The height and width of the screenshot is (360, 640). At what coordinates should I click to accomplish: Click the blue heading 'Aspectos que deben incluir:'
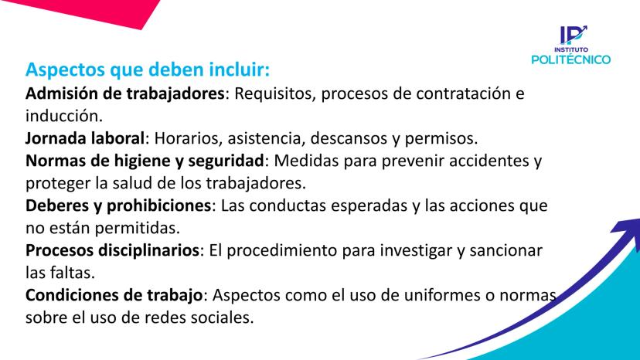[148, 70]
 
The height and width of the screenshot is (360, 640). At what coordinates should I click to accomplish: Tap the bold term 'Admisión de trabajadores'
[125, 93]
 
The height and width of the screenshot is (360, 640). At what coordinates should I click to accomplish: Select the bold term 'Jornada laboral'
[85, 138]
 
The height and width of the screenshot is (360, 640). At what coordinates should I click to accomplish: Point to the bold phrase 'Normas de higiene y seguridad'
[145, 161]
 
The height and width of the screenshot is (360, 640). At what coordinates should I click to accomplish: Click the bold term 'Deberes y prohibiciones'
[118, 205]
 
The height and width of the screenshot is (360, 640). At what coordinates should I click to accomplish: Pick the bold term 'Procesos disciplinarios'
[112, 250]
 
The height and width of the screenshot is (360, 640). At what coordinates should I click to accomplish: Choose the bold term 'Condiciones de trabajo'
[114, 294]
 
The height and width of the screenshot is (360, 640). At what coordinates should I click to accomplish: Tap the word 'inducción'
[62, 116]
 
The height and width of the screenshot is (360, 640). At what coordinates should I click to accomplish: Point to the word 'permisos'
[439, 139]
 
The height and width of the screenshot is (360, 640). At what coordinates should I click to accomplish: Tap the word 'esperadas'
[369, 205]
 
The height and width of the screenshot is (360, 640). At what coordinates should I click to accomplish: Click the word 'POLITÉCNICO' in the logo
[570, 59]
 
